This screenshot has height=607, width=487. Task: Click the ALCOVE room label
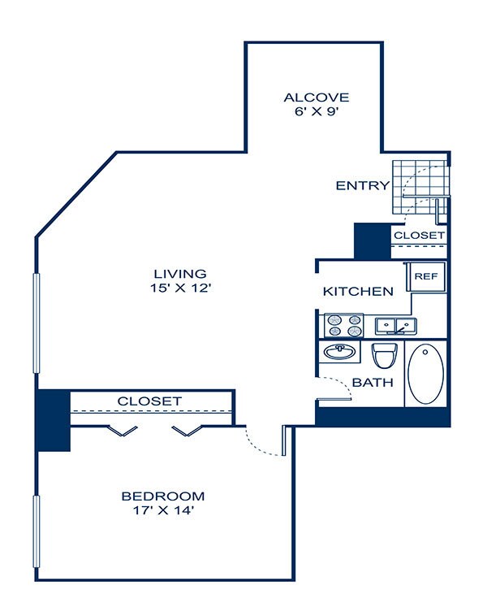[317, 98]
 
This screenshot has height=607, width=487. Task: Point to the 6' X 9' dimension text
[317, 111]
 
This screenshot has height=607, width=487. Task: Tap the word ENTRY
[363, 186]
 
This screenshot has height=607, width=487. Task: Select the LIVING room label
[180, 274]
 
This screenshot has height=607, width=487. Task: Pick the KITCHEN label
[358, 292]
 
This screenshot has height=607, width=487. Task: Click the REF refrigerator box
[426, 276]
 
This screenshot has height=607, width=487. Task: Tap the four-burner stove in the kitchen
[344, 325]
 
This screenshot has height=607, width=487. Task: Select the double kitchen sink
[396, 327]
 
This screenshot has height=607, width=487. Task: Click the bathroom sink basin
[339, 352]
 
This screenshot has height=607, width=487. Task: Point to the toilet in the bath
[385, 355]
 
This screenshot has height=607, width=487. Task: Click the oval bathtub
[426, 374]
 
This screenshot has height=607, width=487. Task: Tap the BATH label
[373, 383]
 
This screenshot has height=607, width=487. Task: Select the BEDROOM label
[163, 496]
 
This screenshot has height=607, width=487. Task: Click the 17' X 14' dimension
[163, 510]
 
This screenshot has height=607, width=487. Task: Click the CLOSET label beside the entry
[420, 236]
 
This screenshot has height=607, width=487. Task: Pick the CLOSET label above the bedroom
[149, 401]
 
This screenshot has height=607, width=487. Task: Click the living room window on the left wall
[37, 323]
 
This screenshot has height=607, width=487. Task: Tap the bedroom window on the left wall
[37, 531]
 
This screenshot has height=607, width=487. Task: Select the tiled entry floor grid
[421, 188]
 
